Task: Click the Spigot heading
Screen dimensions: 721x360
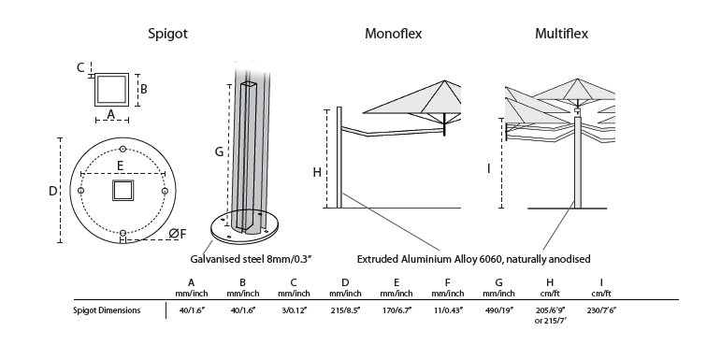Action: pos(167,34)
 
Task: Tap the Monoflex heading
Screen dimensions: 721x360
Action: pos(393,34)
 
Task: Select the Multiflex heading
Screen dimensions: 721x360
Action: pos(561,34)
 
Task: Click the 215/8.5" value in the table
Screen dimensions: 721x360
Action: pos(345,310)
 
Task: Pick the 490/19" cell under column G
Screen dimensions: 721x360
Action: pos(499,310)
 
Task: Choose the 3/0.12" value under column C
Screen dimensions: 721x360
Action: pos(294,310)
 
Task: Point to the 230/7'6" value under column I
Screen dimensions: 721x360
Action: pos(601,310)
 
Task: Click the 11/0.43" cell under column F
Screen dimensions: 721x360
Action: pos(447,310)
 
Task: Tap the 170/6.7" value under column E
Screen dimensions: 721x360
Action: pos(397,310)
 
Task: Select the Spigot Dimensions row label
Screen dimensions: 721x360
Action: pos(107,310)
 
